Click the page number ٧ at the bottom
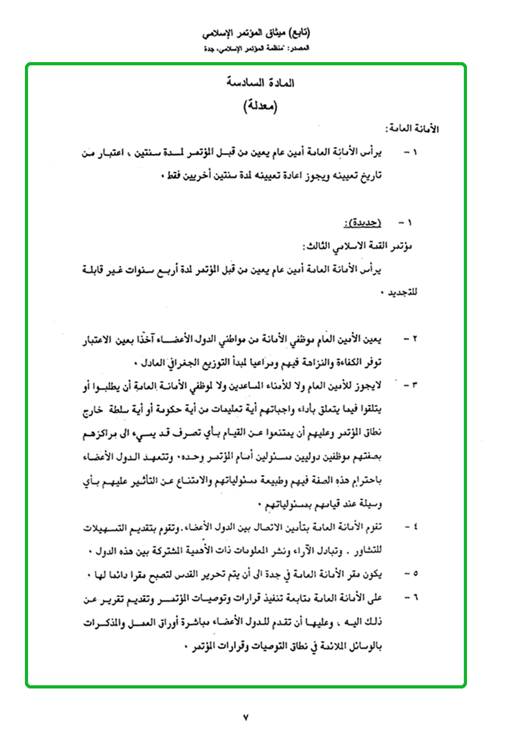246,717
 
